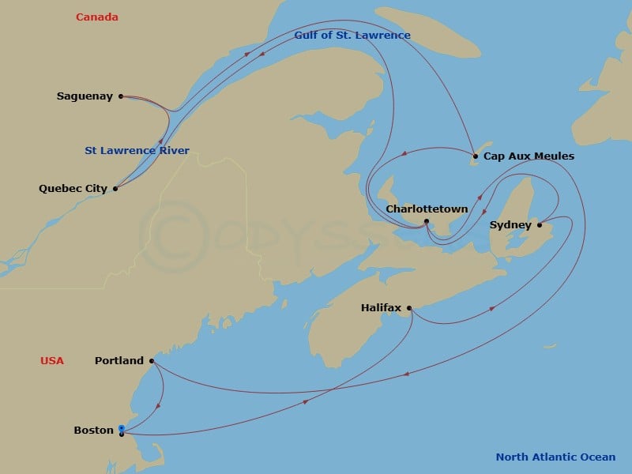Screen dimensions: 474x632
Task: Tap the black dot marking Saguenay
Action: [x=121, y=96]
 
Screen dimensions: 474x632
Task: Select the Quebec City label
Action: [x=73, y=189]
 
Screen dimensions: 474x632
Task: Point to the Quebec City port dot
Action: [x=115, y=189]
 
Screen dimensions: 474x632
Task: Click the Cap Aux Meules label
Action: [x=529, y=156]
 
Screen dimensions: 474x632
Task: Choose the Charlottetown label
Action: [x=427, y=209]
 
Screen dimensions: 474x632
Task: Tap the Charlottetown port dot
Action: [x=427, y=221]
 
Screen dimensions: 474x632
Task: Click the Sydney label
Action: [x=510, y=225]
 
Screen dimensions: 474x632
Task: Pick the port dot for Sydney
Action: [x=540, y=225]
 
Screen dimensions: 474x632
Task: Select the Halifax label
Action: [x=381, y=307]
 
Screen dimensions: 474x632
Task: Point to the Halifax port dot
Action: [x=409, y=308]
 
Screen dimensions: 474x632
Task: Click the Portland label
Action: [x=119, y=361]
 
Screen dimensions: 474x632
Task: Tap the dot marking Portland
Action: [x=151, y=361]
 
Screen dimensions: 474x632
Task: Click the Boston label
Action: [x=93, y=431]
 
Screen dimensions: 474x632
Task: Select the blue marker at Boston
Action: [x=121, y=428]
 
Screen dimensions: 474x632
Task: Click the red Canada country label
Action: [x=97, y=17]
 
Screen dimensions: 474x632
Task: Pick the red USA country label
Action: [x=52, y=361]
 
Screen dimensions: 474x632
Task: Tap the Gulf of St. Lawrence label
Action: [x=352, y=36]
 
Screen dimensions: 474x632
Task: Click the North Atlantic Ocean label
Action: [x=555, y=457]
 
